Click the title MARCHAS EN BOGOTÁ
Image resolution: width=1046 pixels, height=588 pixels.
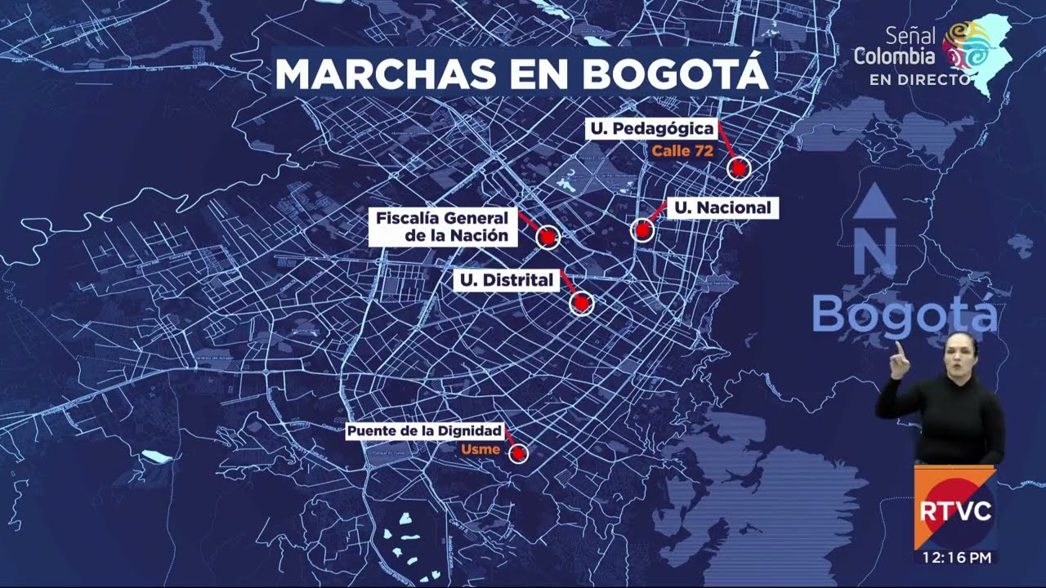click(521, 73)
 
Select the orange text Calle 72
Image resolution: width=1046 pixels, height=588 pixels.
click(682, 150)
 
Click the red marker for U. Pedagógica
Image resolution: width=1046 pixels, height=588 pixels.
click(739, 168)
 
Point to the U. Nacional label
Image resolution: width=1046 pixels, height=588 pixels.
click(722, 208)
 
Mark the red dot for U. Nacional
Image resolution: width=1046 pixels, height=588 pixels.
click(643, 229)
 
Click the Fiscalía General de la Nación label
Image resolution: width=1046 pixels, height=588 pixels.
click(442, 227)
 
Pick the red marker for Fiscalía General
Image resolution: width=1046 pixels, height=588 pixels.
click(548, 237)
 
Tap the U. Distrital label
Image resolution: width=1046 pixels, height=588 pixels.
click(506, 281)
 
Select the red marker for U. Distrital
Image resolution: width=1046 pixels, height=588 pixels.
click(581, 303)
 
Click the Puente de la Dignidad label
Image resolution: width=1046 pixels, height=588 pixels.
click(424, 431)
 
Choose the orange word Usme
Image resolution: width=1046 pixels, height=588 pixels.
click(481, 449)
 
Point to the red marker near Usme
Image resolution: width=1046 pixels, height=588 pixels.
click(518, 453)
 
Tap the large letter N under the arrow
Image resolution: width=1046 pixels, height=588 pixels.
click(875, 251)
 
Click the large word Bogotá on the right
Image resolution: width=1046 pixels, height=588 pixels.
click(904, 314)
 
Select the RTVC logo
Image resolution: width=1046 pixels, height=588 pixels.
click(954, 511)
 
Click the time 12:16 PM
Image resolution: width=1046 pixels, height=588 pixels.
click(956, 558)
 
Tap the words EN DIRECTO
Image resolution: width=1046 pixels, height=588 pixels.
click(919, 80)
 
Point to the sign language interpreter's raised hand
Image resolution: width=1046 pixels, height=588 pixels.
click(899, 359)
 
